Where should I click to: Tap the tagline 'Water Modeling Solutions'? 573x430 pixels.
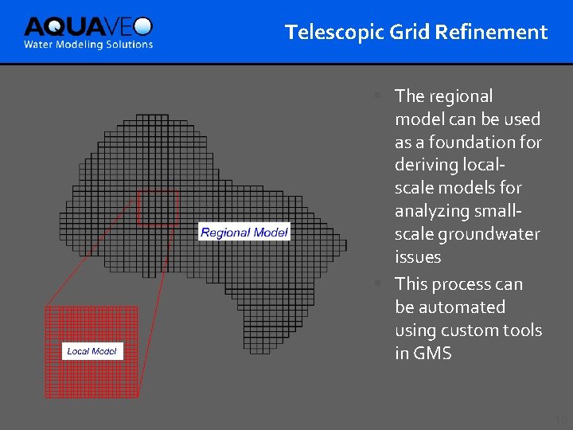click(x=88, y=45)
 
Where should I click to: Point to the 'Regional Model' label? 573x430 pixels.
click(x=244, y=233)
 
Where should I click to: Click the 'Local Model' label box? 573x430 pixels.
click(x=92, y=351)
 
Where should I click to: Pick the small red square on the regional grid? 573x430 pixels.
click(x=158, y=208)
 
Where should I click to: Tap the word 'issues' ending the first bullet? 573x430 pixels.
click(x=418, y=257)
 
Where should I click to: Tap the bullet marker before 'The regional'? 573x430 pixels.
click(x=380, y=96)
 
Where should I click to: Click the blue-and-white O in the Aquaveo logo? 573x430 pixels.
click(x=142, y=26)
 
